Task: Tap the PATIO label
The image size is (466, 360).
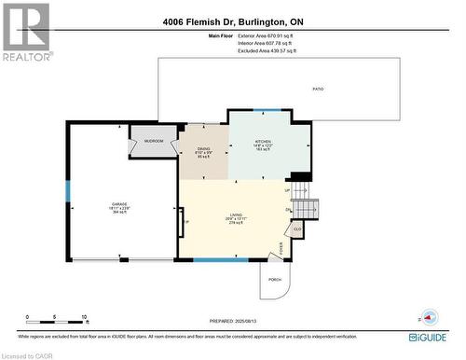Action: click(318, 89)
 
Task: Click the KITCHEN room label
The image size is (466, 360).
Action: click(263, 142)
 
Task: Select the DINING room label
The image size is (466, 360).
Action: click(203, 149)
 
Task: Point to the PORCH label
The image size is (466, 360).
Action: click(275, 279)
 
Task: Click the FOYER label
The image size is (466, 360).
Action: click(281, 246)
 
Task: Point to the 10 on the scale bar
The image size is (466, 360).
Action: click(84, 317)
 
